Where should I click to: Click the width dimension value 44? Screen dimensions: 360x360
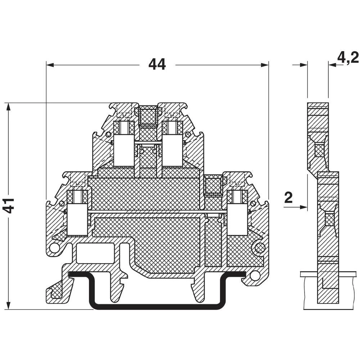[x=157, y=65]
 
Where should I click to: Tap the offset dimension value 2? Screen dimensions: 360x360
[x=288, y=198]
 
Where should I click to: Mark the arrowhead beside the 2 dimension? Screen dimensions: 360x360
[x=304, y=207]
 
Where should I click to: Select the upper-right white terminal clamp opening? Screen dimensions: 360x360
[x=171, y=150]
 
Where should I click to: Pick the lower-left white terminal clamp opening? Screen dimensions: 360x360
[x=77, y=219]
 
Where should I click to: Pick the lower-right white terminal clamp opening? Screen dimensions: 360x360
[x=237, y=219]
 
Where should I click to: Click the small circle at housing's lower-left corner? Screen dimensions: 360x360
[x=54, y=248]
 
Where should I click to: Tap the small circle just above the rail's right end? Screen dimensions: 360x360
[x=255, y=276]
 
